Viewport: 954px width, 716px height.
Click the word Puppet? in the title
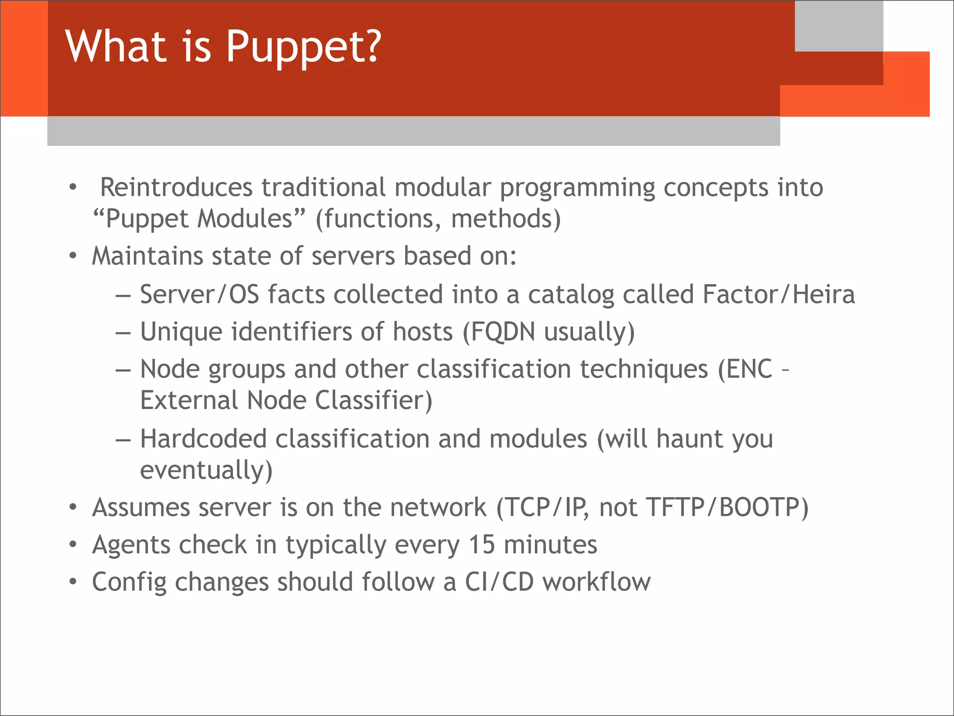point(303,47)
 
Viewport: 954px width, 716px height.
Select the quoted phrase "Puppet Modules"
point(199,218)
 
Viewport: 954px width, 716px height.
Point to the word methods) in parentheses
point(506,218)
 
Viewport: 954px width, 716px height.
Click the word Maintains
point(147,256)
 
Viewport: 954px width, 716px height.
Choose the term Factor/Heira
point(778,294)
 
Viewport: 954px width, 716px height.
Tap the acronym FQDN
point(503,332)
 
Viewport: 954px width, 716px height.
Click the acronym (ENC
point(745,369)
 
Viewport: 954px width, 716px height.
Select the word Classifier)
point(374,400)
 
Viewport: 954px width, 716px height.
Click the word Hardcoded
point(203,439)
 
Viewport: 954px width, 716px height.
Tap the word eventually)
point(206,470)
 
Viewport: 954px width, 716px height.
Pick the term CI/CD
point(499,582)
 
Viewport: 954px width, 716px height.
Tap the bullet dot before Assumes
point(73,507)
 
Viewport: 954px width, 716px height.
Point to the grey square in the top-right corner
point(838,26)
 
